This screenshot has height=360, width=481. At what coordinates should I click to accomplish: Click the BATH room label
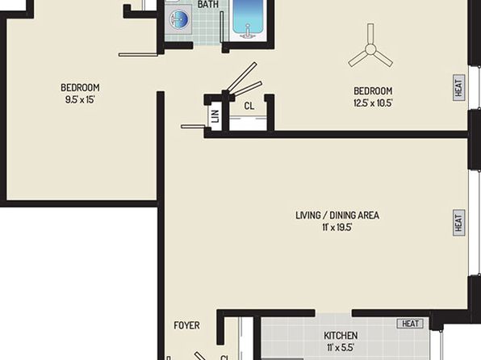coord(208,4)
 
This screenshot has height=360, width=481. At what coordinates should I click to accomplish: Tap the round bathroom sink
coord(178,19)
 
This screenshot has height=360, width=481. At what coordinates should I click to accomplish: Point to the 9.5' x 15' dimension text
coord(80,100)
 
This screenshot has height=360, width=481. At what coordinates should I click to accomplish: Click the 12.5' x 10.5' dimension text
coord(373,103)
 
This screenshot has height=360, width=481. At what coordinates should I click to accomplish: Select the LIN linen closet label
coord(215,116)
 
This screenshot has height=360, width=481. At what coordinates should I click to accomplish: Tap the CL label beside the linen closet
coord(249,106)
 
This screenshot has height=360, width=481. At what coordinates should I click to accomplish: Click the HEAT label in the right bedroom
coord(459,88)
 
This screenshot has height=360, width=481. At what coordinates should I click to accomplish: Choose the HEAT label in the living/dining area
coord(459,223)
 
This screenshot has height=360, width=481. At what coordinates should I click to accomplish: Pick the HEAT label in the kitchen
coord(411,324)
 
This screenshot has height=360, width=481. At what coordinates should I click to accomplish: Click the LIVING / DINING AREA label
coord(337,216)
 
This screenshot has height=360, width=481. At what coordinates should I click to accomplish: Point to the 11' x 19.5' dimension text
coord(337,228)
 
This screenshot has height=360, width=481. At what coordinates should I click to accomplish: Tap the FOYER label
coord(186,325)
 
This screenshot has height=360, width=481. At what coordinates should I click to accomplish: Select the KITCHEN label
coord(341,336)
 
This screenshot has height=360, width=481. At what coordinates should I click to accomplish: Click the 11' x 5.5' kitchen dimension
coord(341,348)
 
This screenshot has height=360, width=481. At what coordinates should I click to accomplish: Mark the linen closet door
coord(193,127)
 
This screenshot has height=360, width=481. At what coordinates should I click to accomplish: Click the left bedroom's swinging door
coord(138,55)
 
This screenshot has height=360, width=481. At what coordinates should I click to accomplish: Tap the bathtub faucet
coord(248,34)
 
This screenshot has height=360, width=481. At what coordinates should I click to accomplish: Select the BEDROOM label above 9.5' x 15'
coord(80,88)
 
